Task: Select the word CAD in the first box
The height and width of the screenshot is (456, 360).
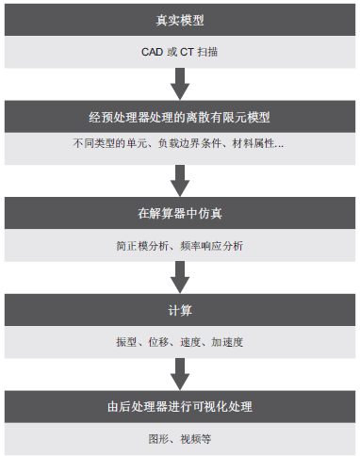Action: (x=151, y=51)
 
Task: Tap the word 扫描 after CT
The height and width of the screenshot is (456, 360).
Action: (x=209, y=51)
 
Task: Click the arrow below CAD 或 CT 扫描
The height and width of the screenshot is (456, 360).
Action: (x=179, y=84)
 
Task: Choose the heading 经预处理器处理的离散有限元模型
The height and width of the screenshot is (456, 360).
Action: (x=179, y=118)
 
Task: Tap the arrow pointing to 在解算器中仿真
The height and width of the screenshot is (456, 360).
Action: (x=179, y=177)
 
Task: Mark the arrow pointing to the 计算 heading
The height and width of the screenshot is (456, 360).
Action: (x=179, y=275)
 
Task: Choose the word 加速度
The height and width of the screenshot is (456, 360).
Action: (x=229, y=343)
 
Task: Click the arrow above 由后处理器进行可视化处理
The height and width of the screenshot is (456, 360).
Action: (x=179, y=373)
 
